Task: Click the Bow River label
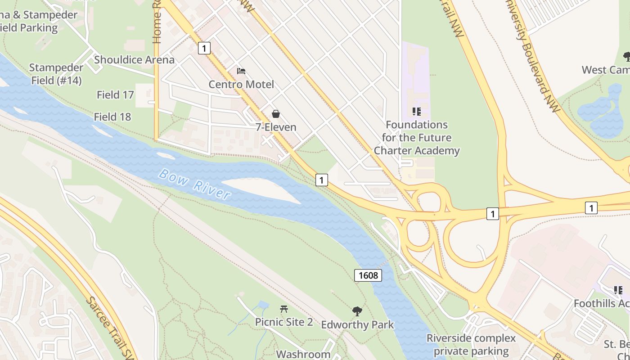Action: pos(195,184)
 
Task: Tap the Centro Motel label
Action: pos(241,84)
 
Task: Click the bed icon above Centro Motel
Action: pos(241,71)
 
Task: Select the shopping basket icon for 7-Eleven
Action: pos(275,114)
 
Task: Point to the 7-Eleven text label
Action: pos(276,127)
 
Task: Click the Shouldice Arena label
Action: pos(134,59)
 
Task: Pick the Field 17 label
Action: pos(115,94)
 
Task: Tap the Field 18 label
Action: pos(112,117)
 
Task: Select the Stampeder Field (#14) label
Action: pos(56,74)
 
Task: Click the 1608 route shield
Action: pos(368,275)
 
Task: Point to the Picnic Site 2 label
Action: pos(284,322)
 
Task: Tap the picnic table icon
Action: pos(283,309)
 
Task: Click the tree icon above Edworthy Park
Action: pos(357,311)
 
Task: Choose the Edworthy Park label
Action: pos(357,324)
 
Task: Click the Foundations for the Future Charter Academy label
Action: pos(417,138)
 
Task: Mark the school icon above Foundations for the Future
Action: pos(417,111)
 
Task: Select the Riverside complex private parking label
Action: pos(471,345)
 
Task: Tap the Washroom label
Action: pos(303,354)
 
